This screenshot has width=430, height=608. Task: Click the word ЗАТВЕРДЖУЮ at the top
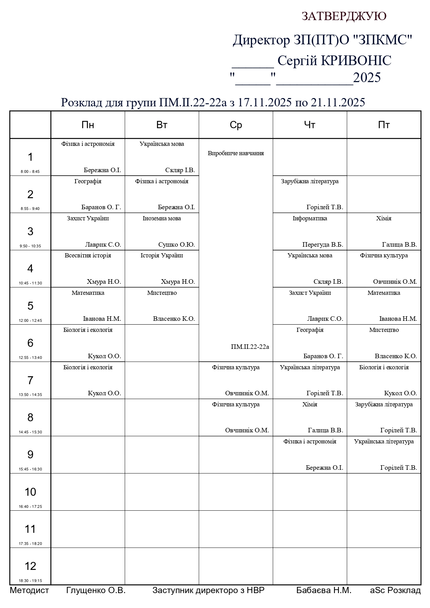pos(344,16)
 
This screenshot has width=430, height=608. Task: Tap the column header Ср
pos(236,125)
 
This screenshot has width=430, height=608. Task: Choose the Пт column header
pos(384,125)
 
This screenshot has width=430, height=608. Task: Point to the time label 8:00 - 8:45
pos(30,171)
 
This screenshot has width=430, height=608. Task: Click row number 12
pos(30,566)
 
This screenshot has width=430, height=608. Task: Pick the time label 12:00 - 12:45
pos(30,320)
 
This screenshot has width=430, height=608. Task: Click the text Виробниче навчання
pos(236,153)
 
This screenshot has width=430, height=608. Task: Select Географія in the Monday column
pos(88,181)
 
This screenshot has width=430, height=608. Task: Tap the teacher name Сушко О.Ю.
pos(176,245)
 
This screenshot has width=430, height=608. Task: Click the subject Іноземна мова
pos(162,218)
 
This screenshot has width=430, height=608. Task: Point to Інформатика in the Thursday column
pos(310,218)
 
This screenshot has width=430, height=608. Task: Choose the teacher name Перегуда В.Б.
pos(323,245)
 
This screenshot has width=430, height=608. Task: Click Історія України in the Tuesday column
pos(162,255)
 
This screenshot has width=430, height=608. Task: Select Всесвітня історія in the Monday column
pos(88,255)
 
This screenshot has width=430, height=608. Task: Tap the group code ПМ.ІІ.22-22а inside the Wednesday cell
pos(250,347)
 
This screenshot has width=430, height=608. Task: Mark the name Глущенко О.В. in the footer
pos(96,590)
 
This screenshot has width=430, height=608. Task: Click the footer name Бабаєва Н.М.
pos(324,590)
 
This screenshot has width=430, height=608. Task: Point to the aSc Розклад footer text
pos(395,590)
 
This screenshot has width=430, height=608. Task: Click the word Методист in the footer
pos(29,590)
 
